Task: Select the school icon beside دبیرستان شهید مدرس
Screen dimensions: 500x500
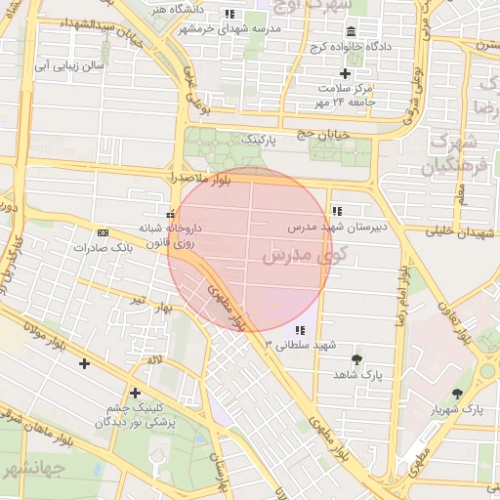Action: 337,211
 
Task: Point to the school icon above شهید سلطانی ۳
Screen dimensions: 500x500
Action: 300,330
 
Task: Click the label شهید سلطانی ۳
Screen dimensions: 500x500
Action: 300,345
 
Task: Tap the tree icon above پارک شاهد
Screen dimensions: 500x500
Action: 356,359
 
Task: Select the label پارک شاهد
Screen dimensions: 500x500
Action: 357,374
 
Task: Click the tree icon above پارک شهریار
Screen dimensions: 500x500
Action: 458,394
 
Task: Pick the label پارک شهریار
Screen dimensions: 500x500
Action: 459,408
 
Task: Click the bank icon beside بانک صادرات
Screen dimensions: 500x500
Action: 104,232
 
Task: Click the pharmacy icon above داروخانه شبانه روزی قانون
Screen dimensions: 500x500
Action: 172,213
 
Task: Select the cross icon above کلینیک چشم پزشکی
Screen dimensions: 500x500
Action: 135,393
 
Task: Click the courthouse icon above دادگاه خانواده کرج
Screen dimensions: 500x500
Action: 351,31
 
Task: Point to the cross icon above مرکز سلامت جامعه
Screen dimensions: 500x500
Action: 345,73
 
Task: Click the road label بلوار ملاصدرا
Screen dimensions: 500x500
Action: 201,178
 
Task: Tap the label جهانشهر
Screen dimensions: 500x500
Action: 32,469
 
